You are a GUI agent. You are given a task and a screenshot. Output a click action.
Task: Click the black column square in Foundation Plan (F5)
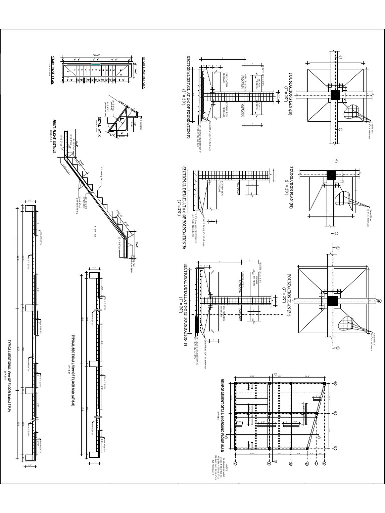coord(335,95)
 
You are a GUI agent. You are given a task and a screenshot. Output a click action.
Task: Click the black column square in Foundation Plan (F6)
coord(331,175)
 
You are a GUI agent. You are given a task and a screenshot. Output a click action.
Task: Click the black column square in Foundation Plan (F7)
coord(332,301)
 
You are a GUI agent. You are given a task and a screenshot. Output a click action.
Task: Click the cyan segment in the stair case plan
coord(96,64)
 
